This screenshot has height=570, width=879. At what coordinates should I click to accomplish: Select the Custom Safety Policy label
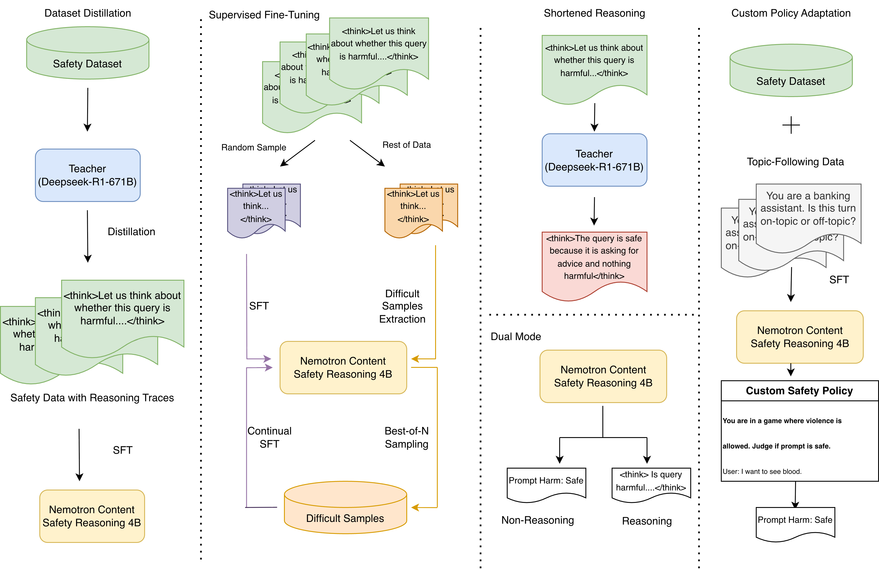point(799,391)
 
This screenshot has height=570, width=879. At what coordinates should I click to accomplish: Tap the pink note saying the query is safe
point(594,259)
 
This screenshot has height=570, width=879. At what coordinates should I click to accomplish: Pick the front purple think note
point(256,209)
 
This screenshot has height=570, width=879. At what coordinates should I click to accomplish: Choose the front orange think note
point(413,209)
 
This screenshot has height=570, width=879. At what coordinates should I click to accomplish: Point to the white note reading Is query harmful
point(651,482)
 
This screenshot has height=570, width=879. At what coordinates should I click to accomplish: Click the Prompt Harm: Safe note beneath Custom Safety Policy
point(795,522)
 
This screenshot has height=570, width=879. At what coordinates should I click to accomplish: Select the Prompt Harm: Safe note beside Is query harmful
point(546,482)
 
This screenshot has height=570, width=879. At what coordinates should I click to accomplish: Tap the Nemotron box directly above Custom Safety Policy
point(799,337)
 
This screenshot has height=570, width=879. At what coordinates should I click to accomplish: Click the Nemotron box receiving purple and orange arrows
point(343,368)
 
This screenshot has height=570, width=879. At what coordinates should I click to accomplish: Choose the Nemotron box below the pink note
point(603,376)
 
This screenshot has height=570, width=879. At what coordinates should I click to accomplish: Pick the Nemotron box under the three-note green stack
point(92,516)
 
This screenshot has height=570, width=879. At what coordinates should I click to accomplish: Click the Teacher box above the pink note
point(594,160)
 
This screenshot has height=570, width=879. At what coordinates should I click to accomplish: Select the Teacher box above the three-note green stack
point(88,175)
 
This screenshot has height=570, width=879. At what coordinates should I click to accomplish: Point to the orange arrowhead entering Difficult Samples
point(415,507)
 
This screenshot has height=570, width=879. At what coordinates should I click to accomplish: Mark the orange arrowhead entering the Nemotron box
point(415,359)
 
